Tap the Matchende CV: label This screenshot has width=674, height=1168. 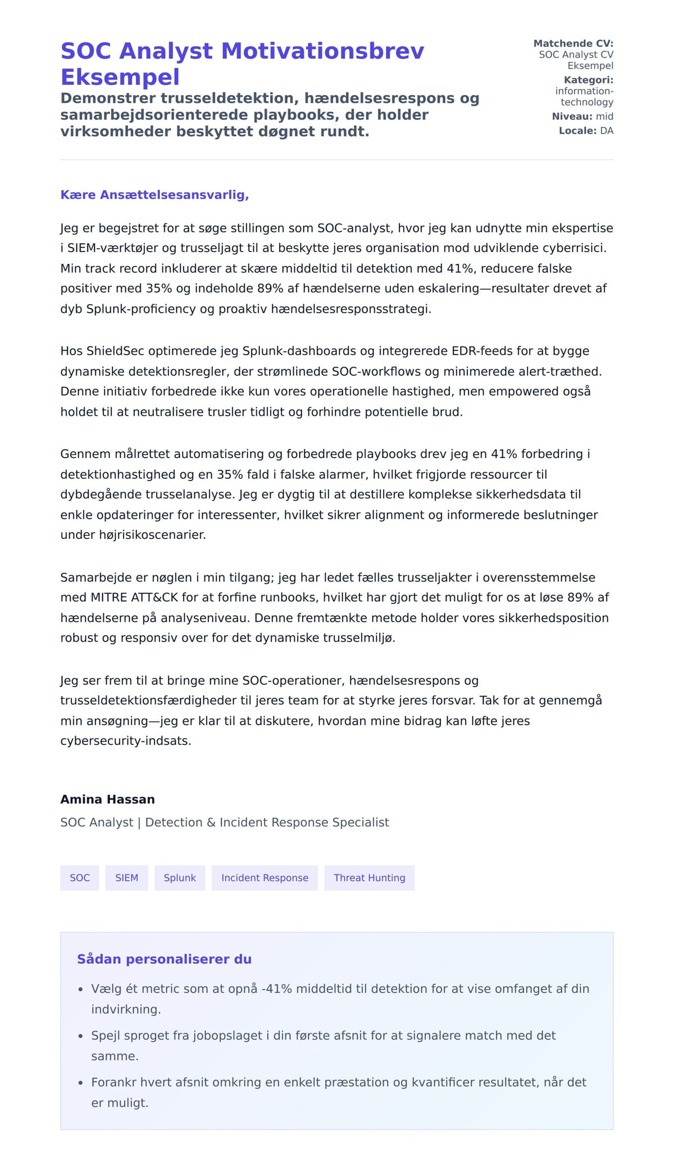pyautogui.click(x=573, y=43)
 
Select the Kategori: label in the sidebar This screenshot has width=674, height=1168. pyautogui.click(x=588, y=80)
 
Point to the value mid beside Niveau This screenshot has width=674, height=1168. pyautogui.click(x=604, y=116)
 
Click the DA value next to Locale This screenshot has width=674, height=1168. pyautogui.click(x=607, y=131)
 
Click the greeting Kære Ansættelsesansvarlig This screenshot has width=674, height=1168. pyautogui.click(x=154, y=195)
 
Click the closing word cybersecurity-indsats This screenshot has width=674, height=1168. pyautogui.click(x=126, y=741)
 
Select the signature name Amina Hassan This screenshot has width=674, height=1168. pyautogui.click(x=107, y=799)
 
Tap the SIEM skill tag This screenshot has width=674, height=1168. pyautogui.click(x=126, y=878)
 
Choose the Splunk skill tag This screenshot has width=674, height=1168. pyautogui.click(x=180, y=878)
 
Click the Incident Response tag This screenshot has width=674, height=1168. pyautogui.click(x=265, y=878)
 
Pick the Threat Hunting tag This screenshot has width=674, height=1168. pyautogui.click(x=369, y=878)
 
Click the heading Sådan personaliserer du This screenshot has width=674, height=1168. pyautogui.click(x=164, y=959)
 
